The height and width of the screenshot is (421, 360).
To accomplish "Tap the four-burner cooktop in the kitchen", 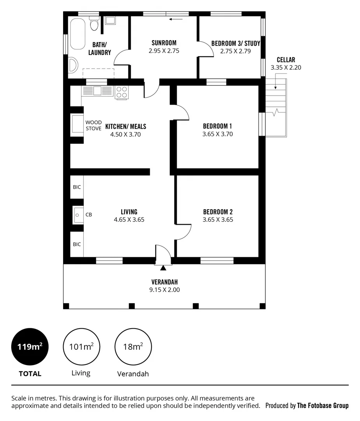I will click(x=122, y=92).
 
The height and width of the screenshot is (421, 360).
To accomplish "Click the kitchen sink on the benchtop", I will click(x=96, y=91).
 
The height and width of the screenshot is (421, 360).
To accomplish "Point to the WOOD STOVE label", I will click(x=94, y=126).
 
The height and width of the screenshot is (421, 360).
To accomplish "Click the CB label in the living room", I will click(x=89, y=214).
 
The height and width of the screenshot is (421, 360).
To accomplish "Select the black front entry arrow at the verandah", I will click(x=163, y=268).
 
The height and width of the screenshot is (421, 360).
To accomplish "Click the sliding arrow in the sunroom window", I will click(x=176, y=19).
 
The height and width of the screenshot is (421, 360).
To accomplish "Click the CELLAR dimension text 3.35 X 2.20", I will click(x=286, y=67).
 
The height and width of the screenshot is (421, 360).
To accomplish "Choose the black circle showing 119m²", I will click(x=30, y=346).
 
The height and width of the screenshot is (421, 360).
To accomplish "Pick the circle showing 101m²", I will click(x=81, y=346).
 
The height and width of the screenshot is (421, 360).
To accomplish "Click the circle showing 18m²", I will click(x=133, y=346).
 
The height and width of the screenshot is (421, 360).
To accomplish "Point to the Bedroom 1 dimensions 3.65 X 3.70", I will click(x=217, y=134).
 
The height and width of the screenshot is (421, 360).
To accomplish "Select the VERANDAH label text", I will click(x=164, y=282).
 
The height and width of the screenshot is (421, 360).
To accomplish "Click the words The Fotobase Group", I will click(x=323, y=406).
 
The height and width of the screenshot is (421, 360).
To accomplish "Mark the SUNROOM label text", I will click(x=164, y=43).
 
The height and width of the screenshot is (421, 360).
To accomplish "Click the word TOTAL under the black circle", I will click(x=30, y=374).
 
